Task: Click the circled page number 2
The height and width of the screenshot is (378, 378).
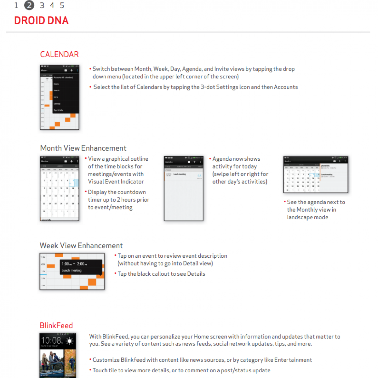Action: pyautogui.click(x=29, y=5)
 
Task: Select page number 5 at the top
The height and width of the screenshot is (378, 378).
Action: pyautogui.click(x=62, y=5)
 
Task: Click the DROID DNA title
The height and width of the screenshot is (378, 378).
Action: pyautogui.click(x=41, y=21)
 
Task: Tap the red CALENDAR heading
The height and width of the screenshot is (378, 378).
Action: pyautogui.click(x=59, y=54)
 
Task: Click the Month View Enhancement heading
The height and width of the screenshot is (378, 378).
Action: pyautogui.click(x=83, y=148)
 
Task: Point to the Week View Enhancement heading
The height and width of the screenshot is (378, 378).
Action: pyautogui.click(x=81, y=246)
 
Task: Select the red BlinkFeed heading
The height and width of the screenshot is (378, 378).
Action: pyautogui.click(x=56, y=325)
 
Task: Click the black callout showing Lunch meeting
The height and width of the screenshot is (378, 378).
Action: pyautogui.click(x=81, y=267)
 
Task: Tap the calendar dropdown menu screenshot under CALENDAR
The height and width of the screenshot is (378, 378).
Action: pyautogui.click(x=60, y=97)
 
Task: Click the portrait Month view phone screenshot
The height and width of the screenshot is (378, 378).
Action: pyautogui.click(x=60, y=188)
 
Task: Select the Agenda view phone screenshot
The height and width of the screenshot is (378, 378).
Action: pyautogui.click(x=184, y=188)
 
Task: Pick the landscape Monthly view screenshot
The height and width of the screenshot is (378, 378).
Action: pyautogui.click(x=316, y=174)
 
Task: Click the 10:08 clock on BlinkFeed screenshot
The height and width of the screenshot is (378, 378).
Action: pyautogui.click(x=52, y=341)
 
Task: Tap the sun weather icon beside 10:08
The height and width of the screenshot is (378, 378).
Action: pyautogui.click(x=69, y=341)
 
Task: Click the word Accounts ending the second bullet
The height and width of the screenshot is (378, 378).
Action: pyautogui.click(x=286, y=87)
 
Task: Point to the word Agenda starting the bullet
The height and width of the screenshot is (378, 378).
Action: pyautogui.click(x=222, y=159)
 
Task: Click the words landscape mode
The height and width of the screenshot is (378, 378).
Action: pyautogui.click(x=307, y=217)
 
